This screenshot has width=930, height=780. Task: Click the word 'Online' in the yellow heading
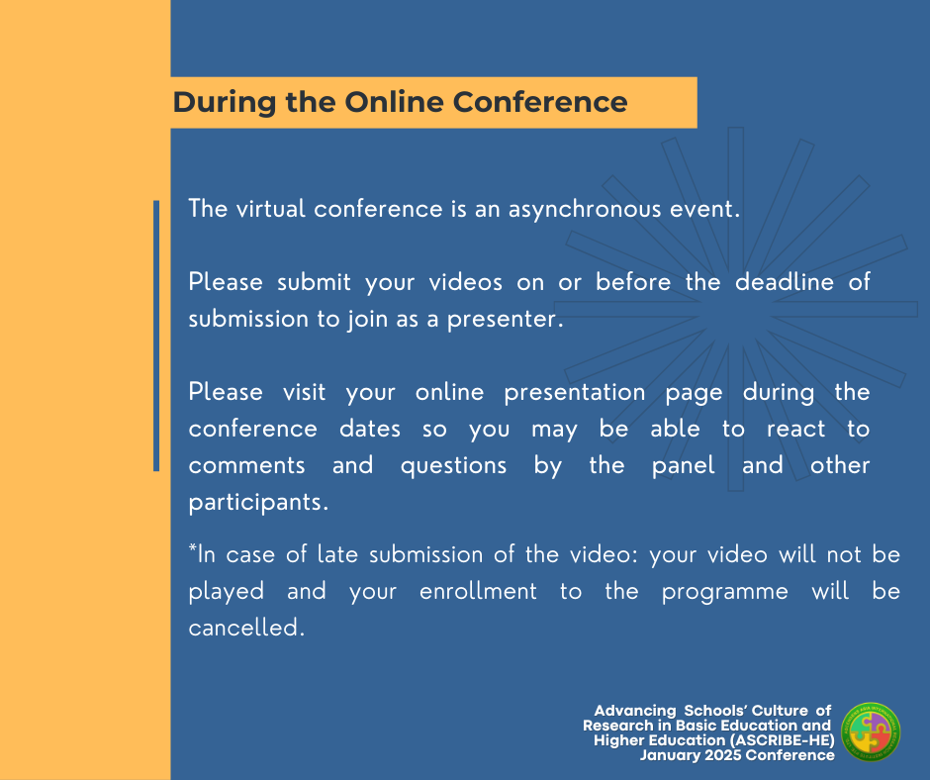394,102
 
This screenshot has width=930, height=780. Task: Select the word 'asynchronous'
584,210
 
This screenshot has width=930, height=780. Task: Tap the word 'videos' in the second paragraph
466,282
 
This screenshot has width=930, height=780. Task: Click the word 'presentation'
575,393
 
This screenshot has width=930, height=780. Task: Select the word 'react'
795,430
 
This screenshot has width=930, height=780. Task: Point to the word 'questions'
453,466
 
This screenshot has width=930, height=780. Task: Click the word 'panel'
683,466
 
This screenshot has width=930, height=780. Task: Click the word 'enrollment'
478,591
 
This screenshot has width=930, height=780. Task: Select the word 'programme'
725,592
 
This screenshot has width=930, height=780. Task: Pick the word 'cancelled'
245,628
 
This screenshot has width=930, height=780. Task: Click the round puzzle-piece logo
872,732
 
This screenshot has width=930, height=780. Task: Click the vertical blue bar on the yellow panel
156,336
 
